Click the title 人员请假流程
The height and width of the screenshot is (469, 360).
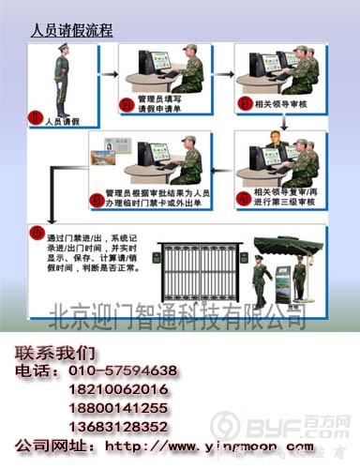pos(71,31)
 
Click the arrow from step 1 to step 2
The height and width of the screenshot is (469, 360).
pos(105,72)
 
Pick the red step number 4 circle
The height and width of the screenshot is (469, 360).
pos(246,198)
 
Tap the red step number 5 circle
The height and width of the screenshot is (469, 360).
pos(96,200)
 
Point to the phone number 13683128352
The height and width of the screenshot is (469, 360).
pos(117,426)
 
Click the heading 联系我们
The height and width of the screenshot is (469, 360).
pos(54,353)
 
